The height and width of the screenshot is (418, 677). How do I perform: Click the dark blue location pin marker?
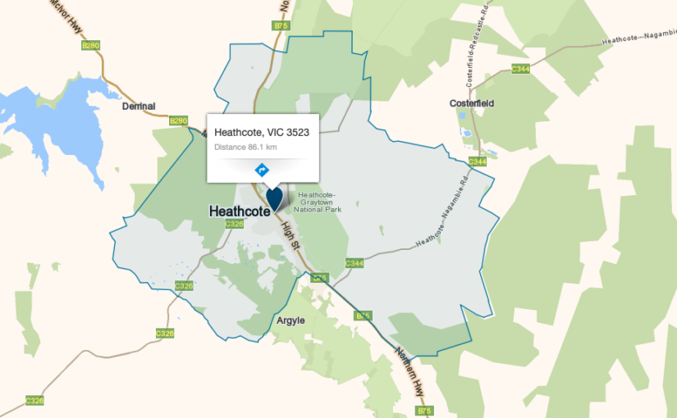[x=274, y=198]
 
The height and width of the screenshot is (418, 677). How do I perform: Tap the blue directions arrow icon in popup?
[x=262, y=170]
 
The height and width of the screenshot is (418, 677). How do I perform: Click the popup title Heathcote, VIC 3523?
[x=262, y=132]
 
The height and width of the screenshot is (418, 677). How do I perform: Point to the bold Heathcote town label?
[x=239, y=211]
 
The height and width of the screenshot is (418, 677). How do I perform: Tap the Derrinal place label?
[x=139, y=107]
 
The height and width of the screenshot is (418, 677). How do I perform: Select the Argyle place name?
[x=290, y=320]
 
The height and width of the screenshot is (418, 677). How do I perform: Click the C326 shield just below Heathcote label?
[x=235, y=224]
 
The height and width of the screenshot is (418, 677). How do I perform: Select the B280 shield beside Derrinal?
[x=178, y=120]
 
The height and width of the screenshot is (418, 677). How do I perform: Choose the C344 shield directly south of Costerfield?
[x=478, y=161]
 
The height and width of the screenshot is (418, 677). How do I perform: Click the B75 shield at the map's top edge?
[x=281, y=26]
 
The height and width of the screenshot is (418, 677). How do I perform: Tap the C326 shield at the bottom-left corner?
[x=34, y=401]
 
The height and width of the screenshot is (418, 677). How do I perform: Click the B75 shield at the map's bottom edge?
[x=424, y=410]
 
